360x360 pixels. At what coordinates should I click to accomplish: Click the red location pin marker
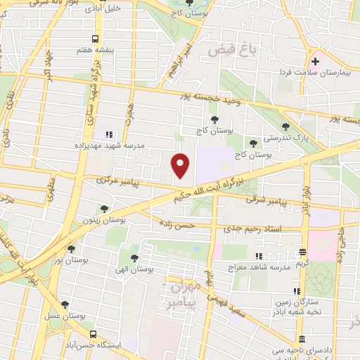point(181,165)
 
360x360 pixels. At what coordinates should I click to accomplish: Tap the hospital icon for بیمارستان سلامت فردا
point(315,62)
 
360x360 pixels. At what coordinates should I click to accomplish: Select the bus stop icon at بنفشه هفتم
point(96,40)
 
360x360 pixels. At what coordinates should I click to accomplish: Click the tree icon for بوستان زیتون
point(104,209)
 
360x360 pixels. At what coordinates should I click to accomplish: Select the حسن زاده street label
point(176,226)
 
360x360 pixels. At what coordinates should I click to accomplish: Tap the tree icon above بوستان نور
point(71,248)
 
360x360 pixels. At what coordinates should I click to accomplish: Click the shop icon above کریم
point(303,252)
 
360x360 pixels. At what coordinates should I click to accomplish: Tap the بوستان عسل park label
point(65,316)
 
